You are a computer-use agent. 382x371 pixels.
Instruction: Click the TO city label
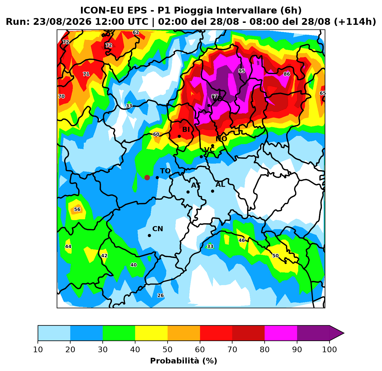165,171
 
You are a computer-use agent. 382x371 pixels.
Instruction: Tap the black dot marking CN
149,236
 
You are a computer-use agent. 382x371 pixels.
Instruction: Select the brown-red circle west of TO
147,177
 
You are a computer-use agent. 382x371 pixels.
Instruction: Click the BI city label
186,130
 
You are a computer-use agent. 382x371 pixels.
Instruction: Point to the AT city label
196,185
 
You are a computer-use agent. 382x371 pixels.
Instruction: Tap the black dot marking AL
212,191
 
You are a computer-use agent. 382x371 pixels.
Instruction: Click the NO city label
221,139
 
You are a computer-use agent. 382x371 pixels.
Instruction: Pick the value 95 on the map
242,71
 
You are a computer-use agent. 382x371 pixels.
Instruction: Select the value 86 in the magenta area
287,74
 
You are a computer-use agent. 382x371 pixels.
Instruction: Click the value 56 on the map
77,209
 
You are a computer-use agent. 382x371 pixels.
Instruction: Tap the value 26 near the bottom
161,296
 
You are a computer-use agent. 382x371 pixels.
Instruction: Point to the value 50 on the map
275,256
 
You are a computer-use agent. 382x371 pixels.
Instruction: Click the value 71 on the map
86,74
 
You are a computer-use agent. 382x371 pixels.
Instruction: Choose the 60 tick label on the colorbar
200,349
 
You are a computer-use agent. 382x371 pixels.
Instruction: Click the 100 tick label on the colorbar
330,349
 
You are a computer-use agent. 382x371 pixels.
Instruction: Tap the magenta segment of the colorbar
281,333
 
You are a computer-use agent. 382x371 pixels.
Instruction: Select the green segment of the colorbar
119,333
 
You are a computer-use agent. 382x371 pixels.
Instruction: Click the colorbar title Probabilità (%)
184,361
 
